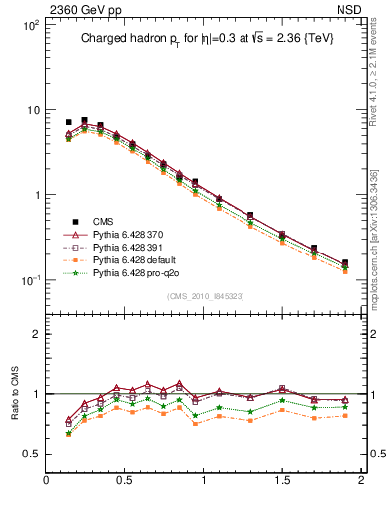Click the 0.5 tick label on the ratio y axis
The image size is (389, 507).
30,454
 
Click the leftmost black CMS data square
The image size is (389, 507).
68,122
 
